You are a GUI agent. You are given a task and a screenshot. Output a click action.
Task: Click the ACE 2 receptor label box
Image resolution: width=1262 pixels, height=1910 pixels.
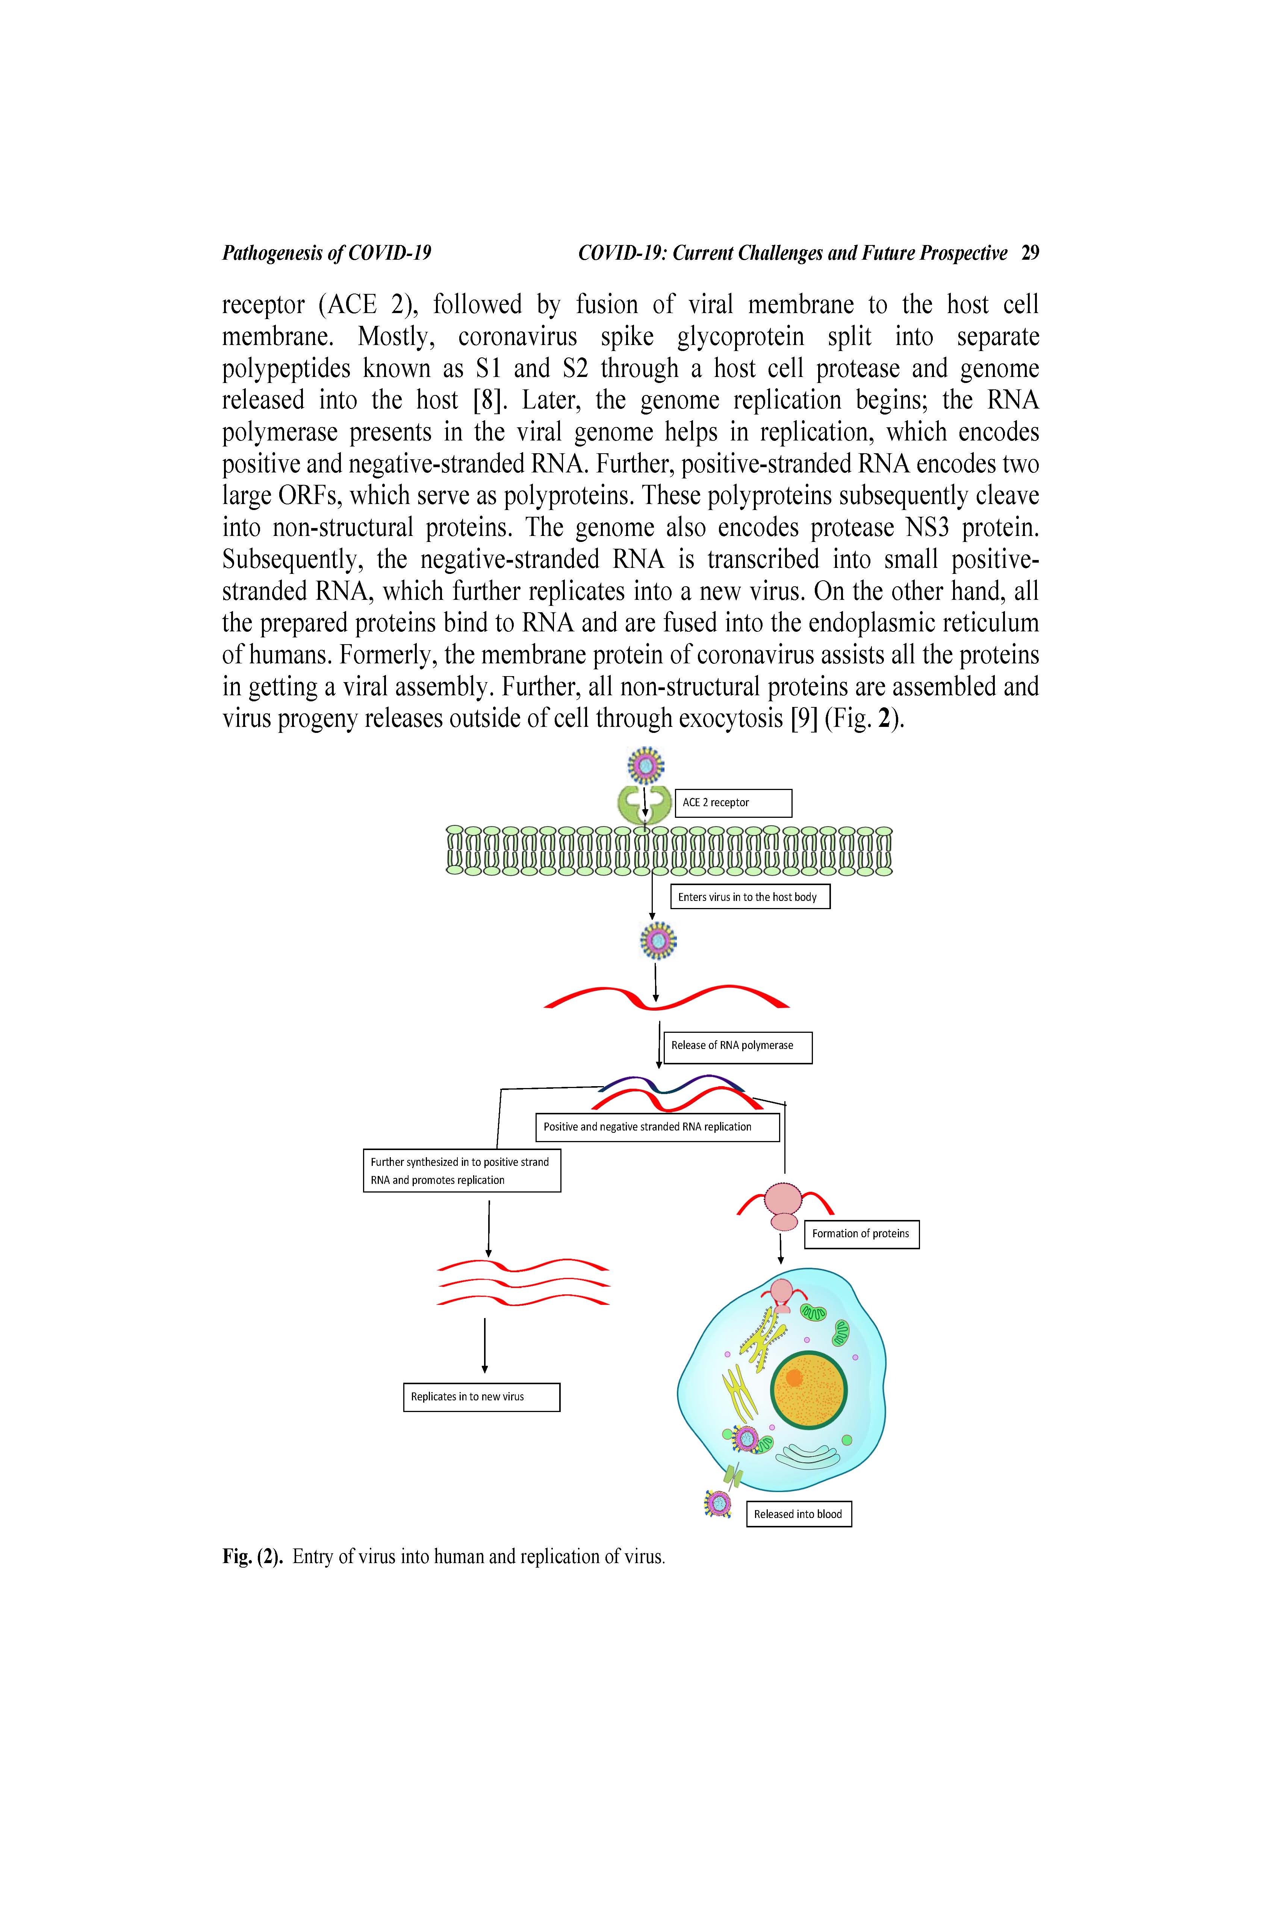point(732,802)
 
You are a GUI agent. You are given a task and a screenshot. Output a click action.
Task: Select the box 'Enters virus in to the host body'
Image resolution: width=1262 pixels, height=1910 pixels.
point(749,897)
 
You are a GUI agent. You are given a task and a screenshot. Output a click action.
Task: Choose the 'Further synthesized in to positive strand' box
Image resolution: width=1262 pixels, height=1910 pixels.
point(461,1170)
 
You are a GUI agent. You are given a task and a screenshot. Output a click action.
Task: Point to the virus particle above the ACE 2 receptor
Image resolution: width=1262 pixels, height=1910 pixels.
point(646,765)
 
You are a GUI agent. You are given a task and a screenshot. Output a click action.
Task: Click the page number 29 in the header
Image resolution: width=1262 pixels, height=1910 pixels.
point(1029,254)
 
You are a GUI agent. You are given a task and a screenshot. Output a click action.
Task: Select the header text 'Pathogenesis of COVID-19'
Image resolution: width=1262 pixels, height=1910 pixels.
point(327,254)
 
